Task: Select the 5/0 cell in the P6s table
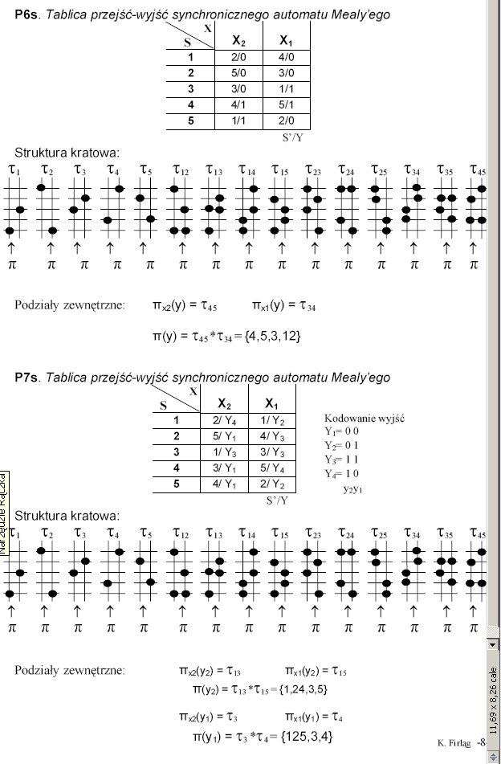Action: click(238, 72)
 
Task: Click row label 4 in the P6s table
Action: click(190, 104)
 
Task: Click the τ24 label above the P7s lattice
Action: click(346, 533)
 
